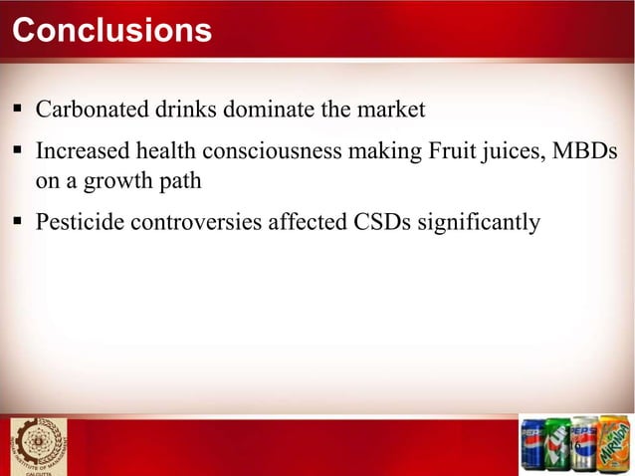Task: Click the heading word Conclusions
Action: tap(111, 31)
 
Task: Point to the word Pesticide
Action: tap(78, 220)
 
